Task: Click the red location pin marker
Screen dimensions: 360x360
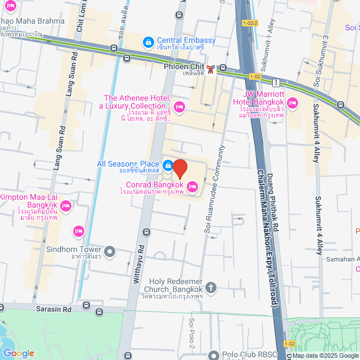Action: [x=179, y=169]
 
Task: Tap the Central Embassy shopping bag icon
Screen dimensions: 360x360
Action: [x=148, y=41]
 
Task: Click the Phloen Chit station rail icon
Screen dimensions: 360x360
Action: [x=210, y=69]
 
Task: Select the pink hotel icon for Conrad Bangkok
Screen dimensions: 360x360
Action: [x=192, y=186]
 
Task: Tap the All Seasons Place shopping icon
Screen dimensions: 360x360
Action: [x=168, y=165]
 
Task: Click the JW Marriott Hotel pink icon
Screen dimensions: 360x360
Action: [x=292, y=102]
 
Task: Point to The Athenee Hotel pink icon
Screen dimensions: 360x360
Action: [x=179, y=106]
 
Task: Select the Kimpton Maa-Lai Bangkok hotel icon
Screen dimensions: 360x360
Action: [x=65, y=206]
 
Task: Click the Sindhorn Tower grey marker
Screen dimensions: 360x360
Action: [x=110, y=250]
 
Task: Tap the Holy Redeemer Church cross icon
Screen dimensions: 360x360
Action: [x=211, y=288]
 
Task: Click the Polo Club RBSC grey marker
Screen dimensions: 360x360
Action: [x=214, y=355]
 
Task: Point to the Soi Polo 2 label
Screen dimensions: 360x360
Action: [x=192, y=334]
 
